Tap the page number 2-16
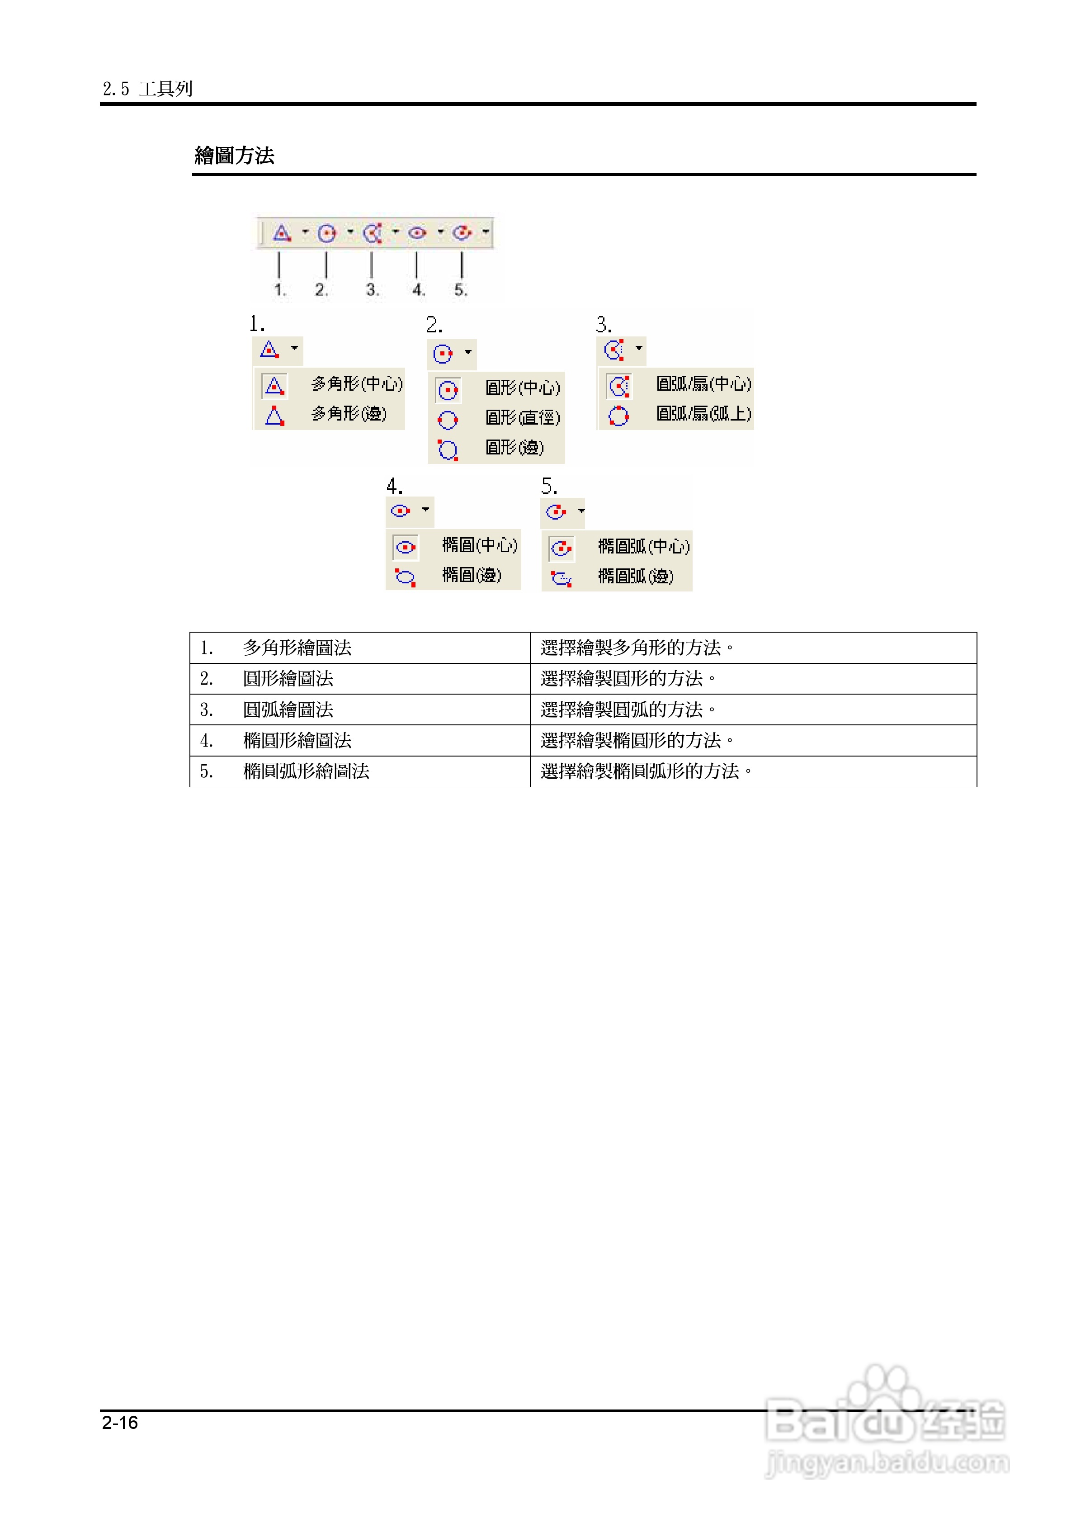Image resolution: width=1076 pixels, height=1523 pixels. [x=120, y=1422]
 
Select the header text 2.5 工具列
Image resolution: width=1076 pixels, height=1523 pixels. [x=147, y=88]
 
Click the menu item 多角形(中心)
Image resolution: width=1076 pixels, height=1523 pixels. [x=356, y=384]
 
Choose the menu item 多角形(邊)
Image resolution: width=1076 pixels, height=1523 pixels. [x=348, y=414]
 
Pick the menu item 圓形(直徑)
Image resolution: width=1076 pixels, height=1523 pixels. [x=522, y=418]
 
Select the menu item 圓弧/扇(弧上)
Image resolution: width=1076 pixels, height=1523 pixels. [x=703, y=414]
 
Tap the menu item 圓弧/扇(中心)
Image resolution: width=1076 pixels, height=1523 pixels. [x=703, y=384]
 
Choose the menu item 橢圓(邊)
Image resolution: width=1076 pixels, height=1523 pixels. [x=471, y=575]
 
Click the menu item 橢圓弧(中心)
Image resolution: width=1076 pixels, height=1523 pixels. [x=643, y=546]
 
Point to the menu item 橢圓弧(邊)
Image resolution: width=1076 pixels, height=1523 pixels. [x=636, y=576]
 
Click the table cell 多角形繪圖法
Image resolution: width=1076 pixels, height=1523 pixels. [x=297, y=648]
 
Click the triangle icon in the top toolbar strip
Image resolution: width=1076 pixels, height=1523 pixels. [x=282, y=233]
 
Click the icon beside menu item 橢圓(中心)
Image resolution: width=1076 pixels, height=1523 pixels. [x=406, y=547]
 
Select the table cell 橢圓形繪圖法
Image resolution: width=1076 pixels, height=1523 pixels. [x=297, y=740]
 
